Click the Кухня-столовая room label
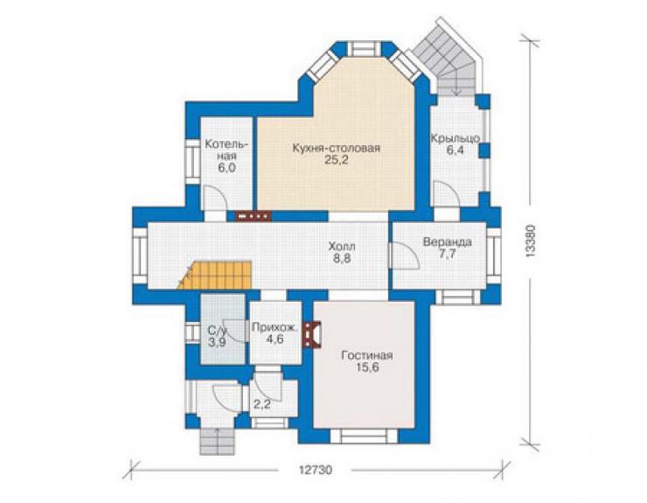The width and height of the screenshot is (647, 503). coord(336,148)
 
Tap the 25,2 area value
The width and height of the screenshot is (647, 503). coord(336,160)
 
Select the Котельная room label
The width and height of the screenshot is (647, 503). coord(226,150)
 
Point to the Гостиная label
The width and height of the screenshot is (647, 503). coord(367,355)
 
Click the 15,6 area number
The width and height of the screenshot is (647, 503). coord(367,367)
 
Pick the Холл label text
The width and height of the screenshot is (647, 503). coord(342,247)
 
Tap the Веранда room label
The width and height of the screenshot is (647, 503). coord(448,241)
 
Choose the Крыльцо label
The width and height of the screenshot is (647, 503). coord(456,138)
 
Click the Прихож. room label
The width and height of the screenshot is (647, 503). coord(275,328)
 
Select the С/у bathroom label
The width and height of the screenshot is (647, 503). coord(217,331)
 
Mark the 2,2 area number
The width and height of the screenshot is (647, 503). coord(262,404)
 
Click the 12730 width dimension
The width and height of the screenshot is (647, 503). coord(316,471)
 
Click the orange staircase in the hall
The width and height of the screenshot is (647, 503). coord(215,275)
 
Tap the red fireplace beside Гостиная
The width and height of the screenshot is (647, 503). coord(312,335)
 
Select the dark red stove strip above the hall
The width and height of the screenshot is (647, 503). coord(253,216)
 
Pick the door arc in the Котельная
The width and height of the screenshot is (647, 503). coord(214,199)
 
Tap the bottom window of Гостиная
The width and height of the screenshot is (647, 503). coord(364,437)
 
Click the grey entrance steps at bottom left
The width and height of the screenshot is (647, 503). coord(217,441)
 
